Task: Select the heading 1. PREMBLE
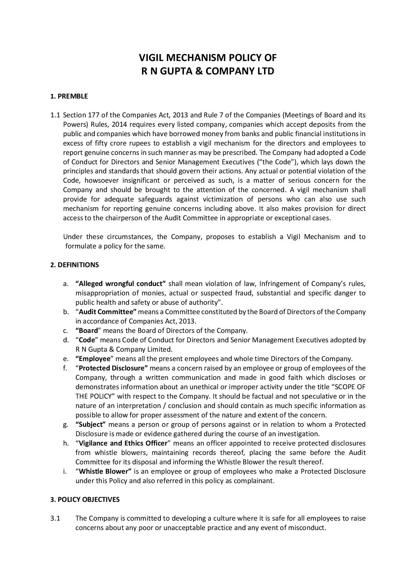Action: click(x=69, y=97)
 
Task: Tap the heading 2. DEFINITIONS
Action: click(x=74, y=265)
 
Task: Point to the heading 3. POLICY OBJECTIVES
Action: click(x=85, y=499)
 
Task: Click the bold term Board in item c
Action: click(x=88, y=331)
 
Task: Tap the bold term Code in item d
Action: click(x=87, y=340)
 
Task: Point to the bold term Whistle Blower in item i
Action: click(x=105, y=471)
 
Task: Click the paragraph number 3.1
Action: click(x=55, y=518)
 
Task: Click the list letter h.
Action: click(x=65, y=443)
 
